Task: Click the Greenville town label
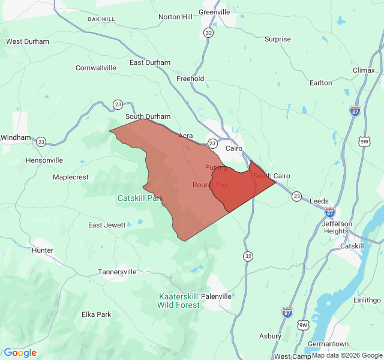coord(214,11)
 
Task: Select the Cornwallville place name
coord(96,68)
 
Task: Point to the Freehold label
coord(190,79)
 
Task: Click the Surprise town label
coord(278,40)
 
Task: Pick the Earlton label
coord(320,83)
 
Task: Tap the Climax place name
coord(364,70)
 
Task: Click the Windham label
coord(15,137)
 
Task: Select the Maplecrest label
coord(71,177)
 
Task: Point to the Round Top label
coord(210,185)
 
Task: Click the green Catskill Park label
coord(140,198)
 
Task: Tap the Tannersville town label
coord(118,272)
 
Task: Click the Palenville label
coord(216,296)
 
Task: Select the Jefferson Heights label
coord(335,227)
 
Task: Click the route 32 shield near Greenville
coord(208,32)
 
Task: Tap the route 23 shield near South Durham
coord(118,104)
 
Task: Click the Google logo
coord(20,353)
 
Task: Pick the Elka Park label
coord(97,314)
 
